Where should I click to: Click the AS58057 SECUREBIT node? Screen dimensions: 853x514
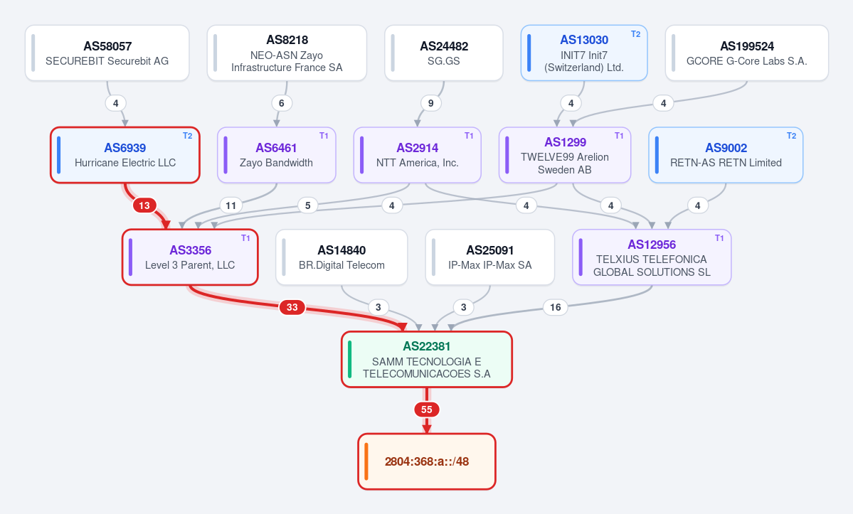(107, 53)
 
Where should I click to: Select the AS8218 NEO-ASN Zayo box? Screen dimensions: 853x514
(287, 53)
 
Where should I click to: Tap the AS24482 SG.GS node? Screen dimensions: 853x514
(444, 53)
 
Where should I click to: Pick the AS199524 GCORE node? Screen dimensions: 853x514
(747, 53)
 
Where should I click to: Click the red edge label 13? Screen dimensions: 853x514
(144, 205)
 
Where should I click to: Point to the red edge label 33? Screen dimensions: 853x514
(292, 308)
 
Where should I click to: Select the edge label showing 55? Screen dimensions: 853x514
(427, 409)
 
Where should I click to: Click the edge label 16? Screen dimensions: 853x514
(556, 308)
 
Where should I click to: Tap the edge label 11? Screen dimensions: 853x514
(231, 205)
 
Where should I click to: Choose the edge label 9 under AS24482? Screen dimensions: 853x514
(431, 103)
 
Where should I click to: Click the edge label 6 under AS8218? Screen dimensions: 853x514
(281, 103)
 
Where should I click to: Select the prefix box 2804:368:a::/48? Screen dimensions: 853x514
(427, 461)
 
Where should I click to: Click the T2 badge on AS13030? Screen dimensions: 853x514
(635, 34)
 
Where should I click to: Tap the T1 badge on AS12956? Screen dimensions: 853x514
(719, 238)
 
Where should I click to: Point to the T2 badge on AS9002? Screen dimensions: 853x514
(791, 136)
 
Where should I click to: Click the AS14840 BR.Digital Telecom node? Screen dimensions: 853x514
(341, 257)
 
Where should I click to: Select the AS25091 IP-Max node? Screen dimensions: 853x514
(490, 257)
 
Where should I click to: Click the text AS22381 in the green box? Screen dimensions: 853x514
(427, 346)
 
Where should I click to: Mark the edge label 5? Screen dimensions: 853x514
(308, 205)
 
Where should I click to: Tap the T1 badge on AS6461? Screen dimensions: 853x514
(324, 136)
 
